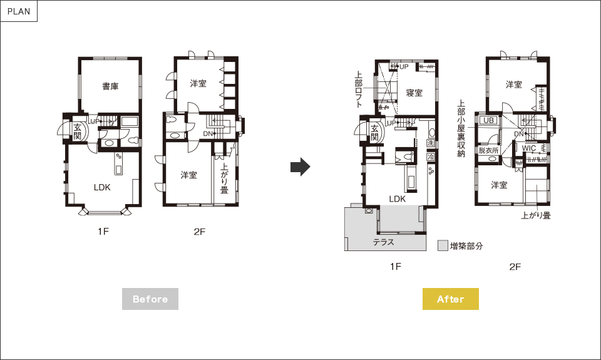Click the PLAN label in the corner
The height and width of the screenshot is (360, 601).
pos(19,11)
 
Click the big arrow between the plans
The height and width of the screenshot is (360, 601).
pos(300,167)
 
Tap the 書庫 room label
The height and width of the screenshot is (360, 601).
pos(110,86)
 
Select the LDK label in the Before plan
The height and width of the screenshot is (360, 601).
pos(102,187)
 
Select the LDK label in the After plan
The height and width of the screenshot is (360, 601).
pos(397,198)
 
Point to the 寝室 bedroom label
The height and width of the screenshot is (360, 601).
pos(414,93)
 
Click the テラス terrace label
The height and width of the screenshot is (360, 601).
pos(383,242)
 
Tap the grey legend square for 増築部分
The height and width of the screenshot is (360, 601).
pos(443,246)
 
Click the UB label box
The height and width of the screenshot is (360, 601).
pos(488,120)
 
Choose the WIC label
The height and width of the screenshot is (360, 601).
pos(529,148)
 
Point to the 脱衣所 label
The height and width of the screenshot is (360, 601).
pos(488,151)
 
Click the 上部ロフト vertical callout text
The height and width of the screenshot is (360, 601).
pos(359,90)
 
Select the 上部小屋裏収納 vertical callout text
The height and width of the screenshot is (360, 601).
pos(461,129)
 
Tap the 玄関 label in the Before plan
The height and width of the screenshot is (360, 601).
pos(78,131)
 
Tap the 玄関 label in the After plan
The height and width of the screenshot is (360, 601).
pos(374,133)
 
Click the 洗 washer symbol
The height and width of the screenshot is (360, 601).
pos(431,143)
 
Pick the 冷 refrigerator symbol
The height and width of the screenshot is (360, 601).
pos(431,157)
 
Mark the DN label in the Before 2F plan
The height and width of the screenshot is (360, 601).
pos(208,134)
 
